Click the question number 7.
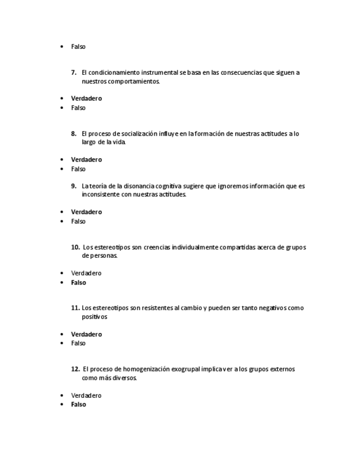pos(74,73)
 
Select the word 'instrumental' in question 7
pos(159,73)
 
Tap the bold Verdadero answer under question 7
pos(86,98)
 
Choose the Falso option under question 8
pos(78,169)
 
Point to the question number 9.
pos(74,186)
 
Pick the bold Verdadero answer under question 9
pos(86,212)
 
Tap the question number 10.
pos(75,247)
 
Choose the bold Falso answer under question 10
pos(79,282)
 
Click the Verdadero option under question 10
pos(86,273)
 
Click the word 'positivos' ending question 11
pos(95,317)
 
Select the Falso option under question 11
pos(78,343)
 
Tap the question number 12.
pos(75,369)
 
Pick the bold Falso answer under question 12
pos(79,404)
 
